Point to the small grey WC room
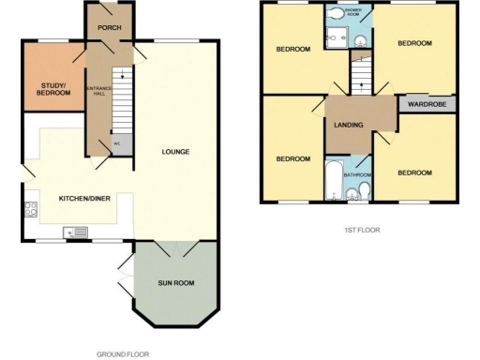click(x=118, y=144)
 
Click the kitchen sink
click(x=75, y=232)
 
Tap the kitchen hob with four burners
click(x=30, y=210)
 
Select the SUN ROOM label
click(x=175, y=282)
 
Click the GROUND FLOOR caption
click(x=123, y=354)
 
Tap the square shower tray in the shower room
click(x=360, y=37)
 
